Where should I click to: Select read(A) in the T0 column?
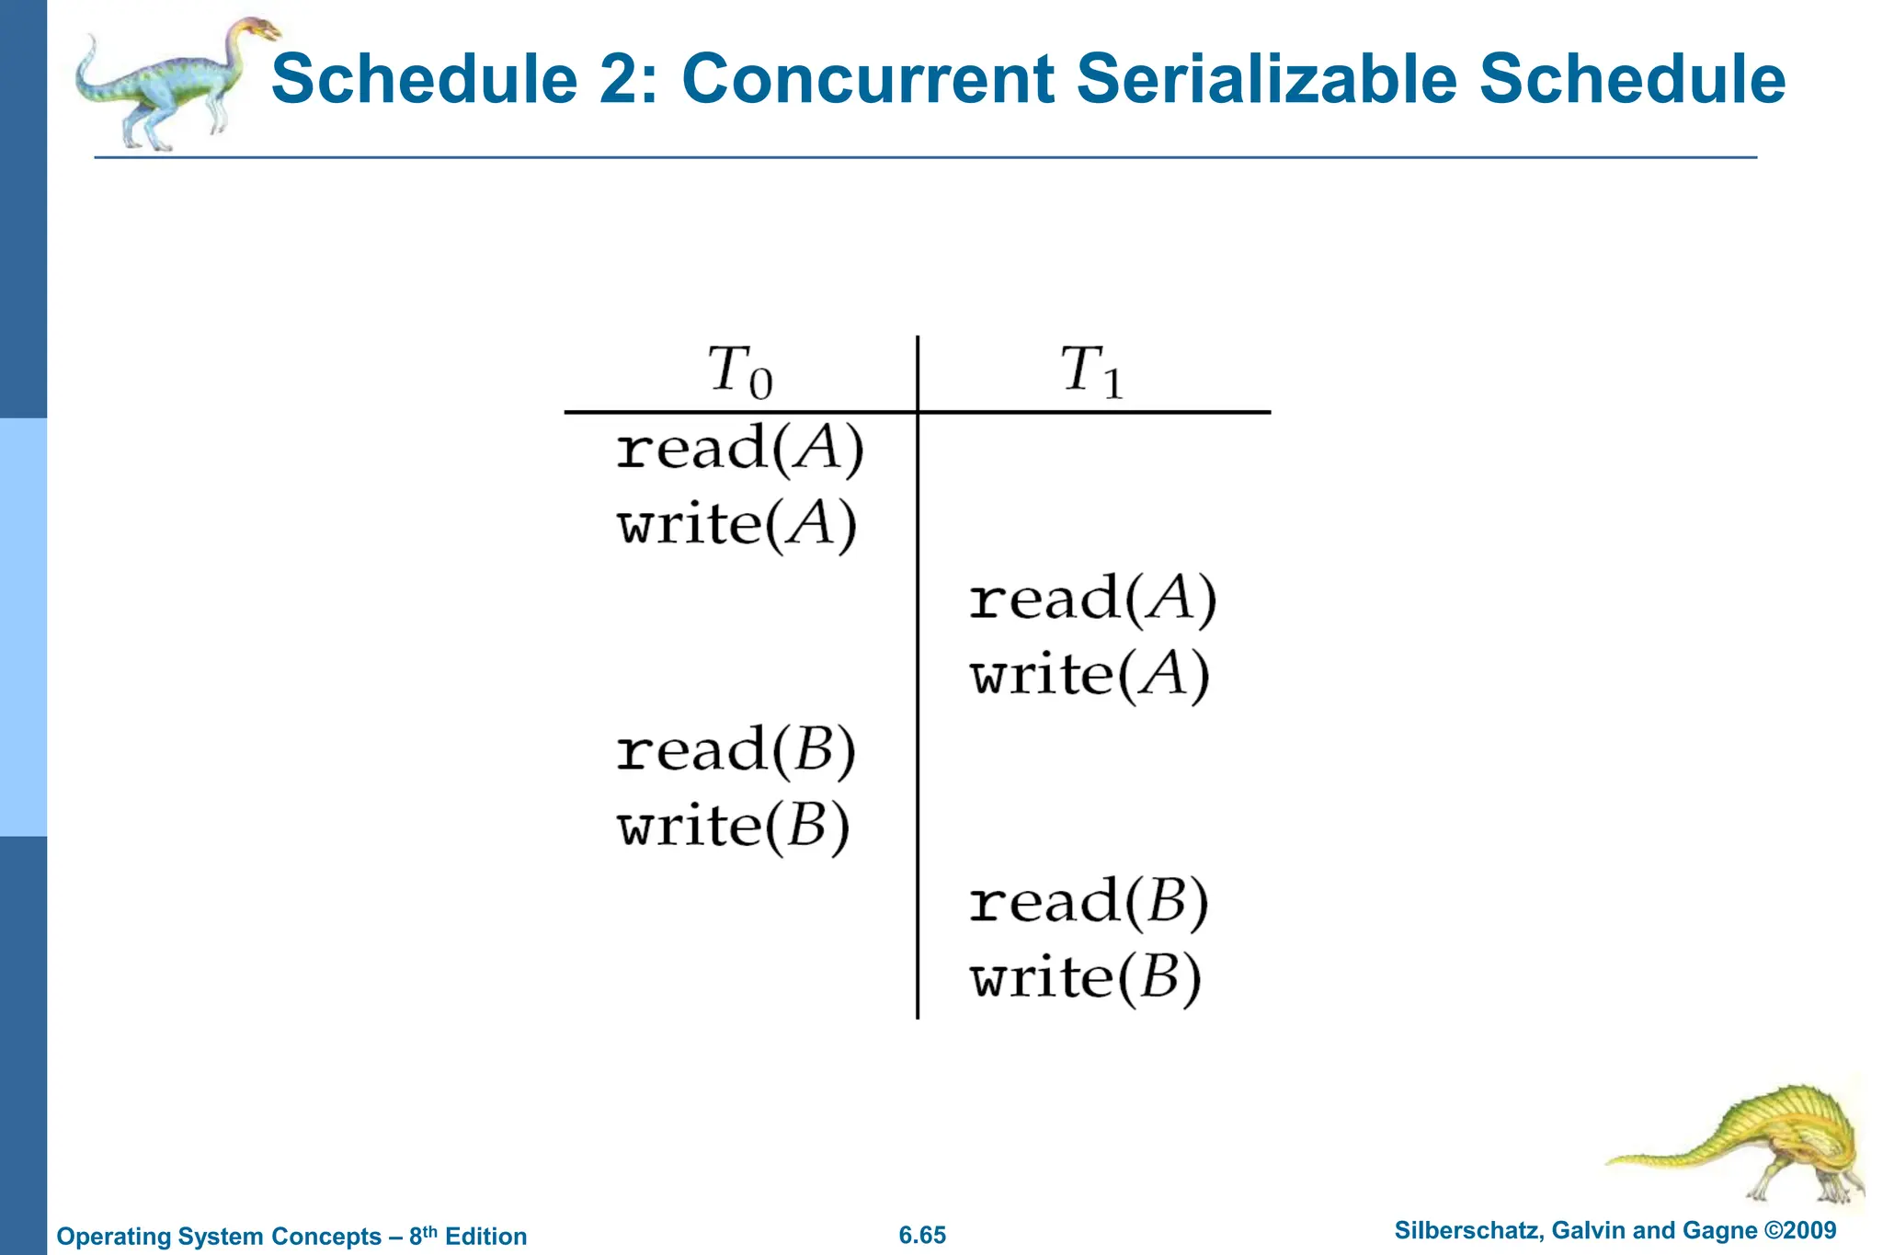[739, 450]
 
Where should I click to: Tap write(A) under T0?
[736, 525]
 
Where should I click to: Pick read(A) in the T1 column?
[1092, 599]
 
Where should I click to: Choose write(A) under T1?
[1090, 675]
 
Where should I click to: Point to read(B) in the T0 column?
[736, 750]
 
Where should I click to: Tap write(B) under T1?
[1085, 976]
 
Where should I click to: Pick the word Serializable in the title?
[1266, 79]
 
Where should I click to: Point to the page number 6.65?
[922, 1235]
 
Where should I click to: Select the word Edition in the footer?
[485, 1236]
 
